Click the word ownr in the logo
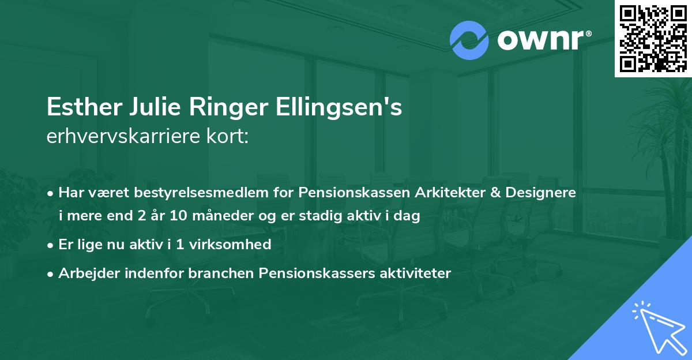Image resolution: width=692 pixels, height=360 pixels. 541,40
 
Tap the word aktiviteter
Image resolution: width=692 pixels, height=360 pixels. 411,273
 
